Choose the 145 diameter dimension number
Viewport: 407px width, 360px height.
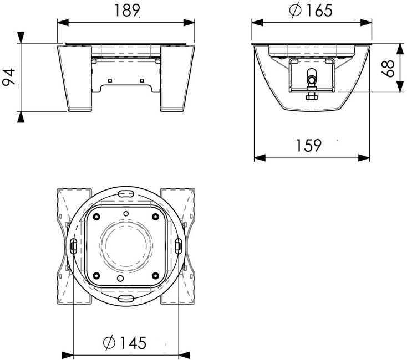click(133, 343)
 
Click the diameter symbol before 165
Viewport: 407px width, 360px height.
click(294, 10)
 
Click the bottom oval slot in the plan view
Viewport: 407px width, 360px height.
click(126, 299)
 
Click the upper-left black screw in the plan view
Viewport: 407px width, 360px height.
click(96, 216)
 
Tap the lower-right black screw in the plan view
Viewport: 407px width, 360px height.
click(155, 275)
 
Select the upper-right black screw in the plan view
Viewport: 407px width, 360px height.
click(155, 216)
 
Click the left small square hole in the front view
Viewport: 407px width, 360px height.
click(110, 80)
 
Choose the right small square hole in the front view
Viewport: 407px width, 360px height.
click(142, 80)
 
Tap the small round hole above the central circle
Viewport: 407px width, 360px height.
click(126, 213)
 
